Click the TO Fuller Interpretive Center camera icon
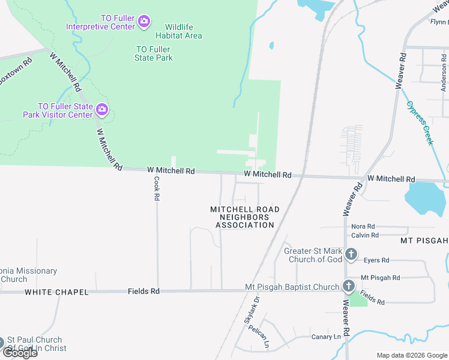point(143,22)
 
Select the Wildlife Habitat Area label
point(175,31)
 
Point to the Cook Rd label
point(156,188)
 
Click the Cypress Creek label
point(420,122)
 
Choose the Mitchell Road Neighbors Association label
point(244,217)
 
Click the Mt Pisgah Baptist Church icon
point(348,286)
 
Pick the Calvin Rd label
point(365,235)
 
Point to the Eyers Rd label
point(376,260)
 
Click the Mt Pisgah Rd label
point(380,278)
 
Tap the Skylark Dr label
point(250,311)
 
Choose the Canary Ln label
point(326,337)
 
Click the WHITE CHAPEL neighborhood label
point(56,292)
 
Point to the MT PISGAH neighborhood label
point(424,241)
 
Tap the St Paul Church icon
point(1,343)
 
